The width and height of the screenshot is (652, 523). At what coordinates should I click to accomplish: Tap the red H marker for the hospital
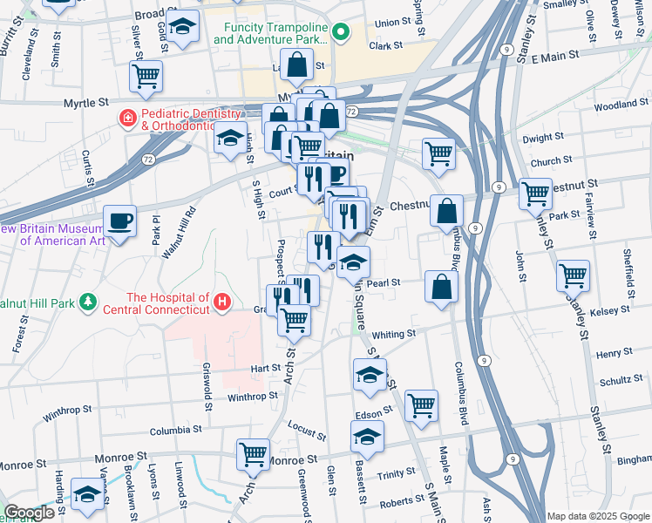223,303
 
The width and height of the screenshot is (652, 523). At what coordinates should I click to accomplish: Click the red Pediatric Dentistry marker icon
128,117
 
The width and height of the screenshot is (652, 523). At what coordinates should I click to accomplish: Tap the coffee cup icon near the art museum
119,221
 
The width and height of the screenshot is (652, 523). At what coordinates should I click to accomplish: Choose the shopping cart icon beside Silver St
146,76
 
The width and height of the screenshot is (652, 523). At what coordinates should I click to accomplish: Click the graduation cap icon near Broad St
183,27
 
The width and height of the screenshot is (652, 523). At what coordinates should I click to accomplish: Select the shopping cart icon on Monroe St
253,453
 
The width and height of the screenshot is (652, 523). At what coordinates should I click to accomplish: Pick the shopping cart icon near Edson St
421,404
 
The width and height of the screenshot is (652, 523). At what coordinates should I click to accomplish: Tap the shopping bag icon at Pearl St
442,287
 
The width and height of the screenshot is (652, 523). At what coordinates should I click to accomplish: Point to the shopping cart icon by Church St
438,153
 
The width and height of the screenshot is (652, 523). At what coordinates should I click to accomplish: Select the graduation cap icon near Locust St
367,436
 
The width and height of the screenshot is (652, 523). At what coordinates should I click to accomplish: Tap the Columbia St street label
175,430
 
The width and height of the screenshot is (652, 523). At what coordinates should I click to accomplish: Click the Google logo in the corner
29,513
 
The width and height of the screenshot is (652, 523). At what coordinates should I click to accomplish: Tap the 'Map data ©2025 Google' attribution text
597,516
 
